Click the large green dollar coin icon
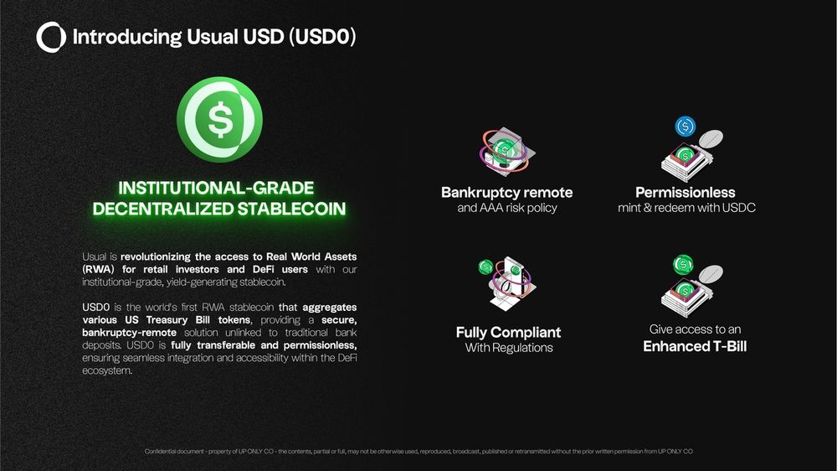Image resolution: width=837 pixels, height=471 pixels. click(x=219, y=119)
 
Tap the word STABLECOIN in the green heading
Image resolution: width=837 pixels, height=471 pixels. click(x=291, y=209)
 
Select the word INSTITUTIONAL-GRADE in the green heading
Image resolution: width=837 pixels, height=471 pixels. click(x=216, y=189)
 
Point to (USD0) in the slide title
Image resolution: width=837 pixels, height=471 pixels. click(x=322, y=37)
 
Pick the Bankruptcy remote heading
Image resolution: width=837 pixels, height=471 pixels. click(x=506, y=193)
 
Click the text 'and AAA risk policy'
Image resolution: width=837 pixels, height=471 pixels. click(x=507, y=208)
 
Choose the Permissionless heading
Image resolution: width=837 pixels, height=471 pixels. click(x=686, y=193)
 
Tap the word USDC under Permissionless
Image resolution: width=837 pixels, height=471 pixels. click(x=739, y=208)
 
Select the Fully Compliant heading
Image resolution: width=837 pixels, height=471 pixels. click(x=508, y=333)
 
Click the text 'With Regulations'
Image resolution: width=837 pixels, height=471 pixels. click(x=509, y=348)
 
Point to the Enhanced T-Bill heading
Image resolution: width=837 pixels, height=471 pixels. click(x=695, y=346)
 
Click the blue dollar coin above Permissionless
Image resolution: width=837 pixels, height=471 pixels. click(x=686, y=127)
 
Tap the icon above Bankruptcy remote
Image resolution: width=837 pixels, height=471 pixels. click(x=506, y=152)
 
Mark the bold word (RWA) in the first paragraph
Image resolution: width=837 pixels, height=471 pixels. click(x=98, y=270)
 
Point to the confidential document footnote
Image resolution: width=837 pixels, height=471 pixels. click(x=418, y=452)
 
